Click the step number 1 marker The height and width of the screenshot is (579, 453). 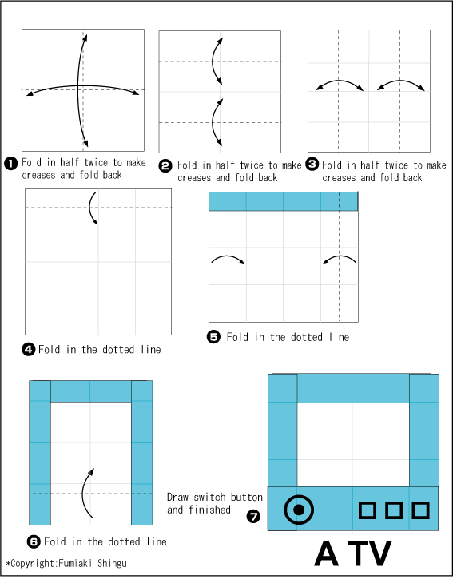coord(11,163)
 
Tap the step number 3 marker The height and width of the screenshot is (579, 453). coord(312,164)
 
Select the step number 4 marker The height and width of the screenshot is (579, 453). coord(29,349)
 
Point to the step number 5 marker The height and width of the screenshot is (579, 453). coord(213,337)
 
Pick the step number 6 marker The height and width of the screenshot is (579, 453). coord(34,541)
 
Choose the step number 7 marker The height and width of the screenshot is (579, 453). coord(253,517)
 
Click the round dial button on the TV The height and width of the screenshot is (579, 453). coord(299,508)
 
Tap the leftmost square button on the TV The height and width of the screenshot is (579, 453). coord(368,509)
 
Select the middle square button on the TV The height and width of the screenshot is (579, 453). coord(394,509)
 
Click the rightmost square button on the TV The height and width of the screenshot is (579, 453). coord(420,509)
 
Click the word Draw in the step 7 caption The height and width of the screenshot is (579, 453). coord(177,497)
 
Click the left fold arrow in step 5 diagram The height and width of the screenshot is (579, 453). coord(228,259)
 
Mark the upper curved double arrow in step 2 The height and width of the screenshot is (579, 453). coord(216,59)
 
